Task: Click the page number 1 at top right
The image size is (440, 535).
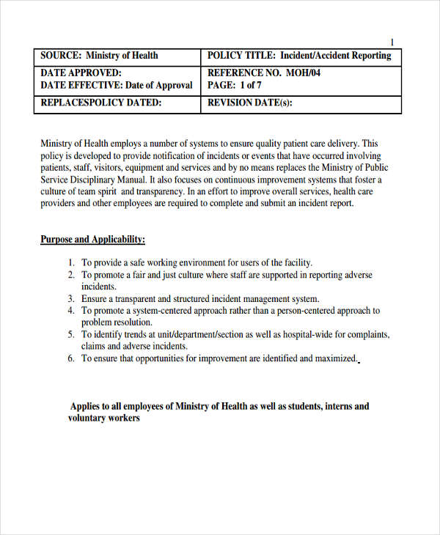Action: click(x=392, y=42)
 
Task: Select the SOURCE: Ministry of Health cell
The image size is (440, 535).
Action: click(x=99, y=56)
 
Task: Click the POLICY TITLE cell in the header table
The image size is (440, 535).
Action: click(x=299, y=56)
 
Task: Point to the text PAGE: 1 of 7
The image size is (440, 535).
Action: click(x=235, y=85)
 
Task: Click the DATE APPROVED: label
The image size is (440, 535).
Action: click(x=81, y=73)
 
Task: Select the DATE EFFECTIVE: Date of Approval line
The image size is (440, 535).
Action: click(x=116, y=85)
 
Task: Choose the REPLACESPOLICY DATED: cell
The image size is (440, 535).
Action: click(x=101, y=103)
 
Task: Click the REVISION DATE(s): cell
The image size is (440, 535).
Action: click(x=249, y=103)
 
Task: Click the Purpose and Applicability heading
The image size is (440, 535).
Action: click(x=92, y=240)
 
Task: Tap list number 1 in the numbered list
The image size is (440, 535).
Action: click(x=71, y=262)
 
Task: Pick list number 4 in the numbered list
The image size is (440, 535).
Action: click(x=71, y=311)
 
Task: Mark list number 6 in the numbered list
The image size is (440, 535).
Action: click(x=71, y=358)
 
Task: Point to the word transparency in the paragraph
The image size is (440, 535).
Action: click(x=159, y=191)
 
